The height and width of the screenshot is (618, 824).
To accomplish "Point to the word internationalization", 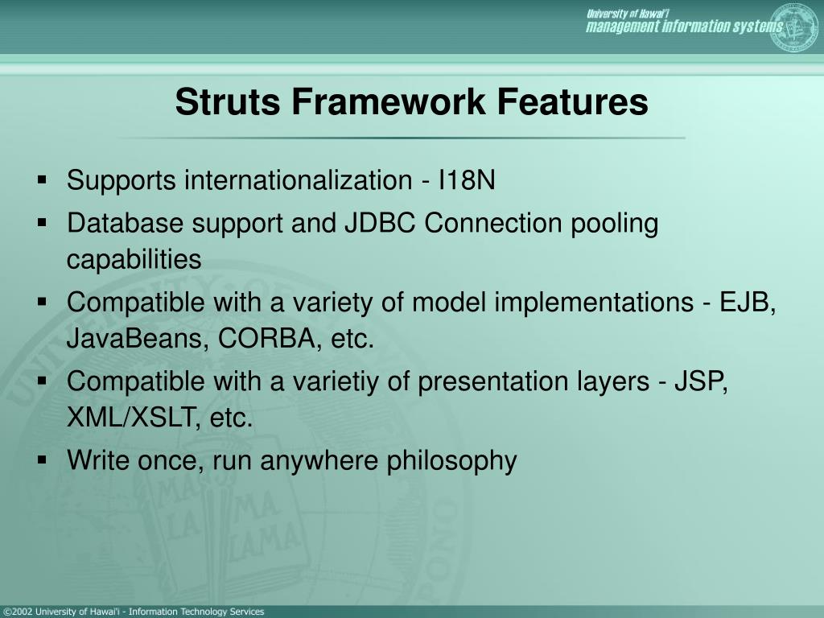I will pos(298,181).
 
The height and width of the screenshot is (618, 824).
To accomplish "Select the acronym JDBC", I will pos(381,223).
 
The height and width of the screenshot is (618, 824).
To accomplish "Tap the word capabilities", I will pos(134,260).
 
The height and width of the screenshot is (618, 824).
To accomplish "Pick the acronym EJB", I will pos(748,303).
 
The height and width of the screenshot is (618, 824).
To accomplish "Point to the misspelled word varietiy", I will pos(336,381).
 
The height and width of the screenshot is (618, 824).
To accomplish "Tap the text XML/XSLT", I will pos(134,418).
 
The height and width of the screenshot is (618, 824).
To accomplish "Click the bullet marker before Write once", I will pos(42,460).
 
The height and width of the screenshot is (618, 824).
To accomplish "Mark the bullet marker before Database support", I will pos(42,223).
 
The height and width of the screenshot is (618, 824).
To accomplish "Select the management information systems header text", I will pos(684,27).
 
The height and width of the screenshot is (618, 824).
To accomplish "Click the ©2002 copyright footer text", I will pos(134,612).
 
